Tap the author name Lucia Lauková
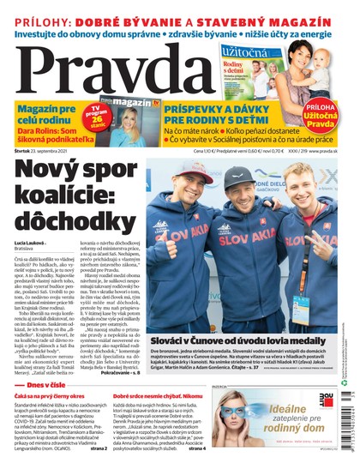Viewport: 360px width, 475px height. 33,244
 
